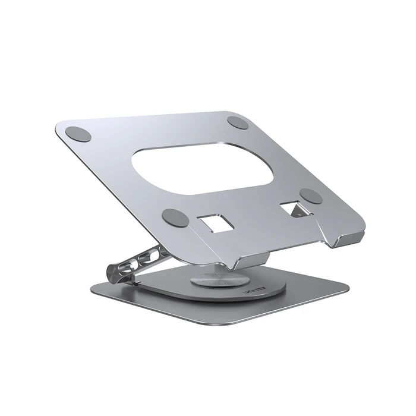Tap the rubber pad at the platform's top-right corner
pos(238,124)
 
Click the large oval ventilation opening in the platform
pos(204,168)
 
